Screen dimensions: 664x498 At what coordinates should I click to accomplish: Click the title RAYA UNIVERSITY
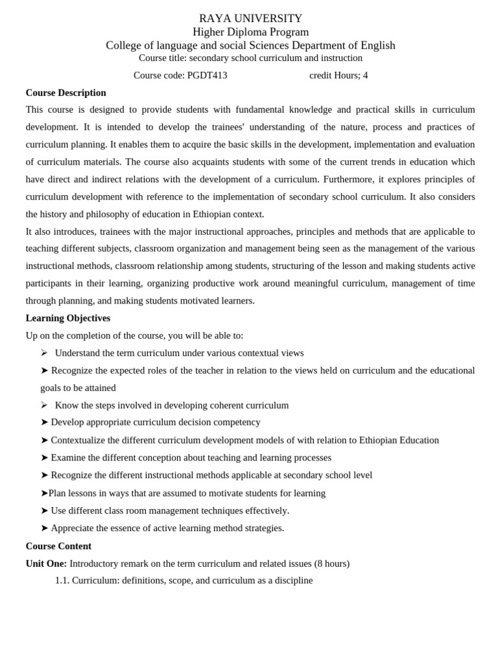250,18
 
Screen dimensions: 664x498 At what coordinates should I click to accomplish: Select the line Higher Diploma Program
250,32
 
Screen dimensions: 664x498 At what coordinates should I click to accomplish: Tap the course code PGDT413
207,75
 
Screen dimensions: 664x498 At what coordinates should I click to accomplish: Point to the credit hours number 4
365,75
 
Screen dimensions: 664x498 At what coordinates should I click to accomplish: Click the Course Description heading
65,93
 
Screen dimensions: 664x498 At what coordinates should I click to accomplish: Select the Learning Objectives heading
67,318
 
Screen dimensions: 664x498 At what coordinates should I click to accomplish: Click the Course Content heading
58,546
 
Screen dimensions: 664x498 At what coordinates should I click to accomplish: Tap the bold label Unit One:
46,563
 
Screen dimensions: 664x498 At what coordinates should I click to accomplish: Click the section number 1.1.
62,580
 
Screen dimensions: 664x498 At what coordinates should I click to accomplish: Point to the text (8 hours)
331,563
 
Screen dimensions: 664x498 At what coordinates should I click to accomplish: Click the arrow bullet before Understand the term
44,353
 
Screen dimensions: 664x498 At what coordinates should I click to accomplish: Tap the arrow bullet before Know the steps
44,405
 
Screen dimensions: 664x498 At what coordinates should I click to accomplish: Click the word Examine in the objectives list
69,458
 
